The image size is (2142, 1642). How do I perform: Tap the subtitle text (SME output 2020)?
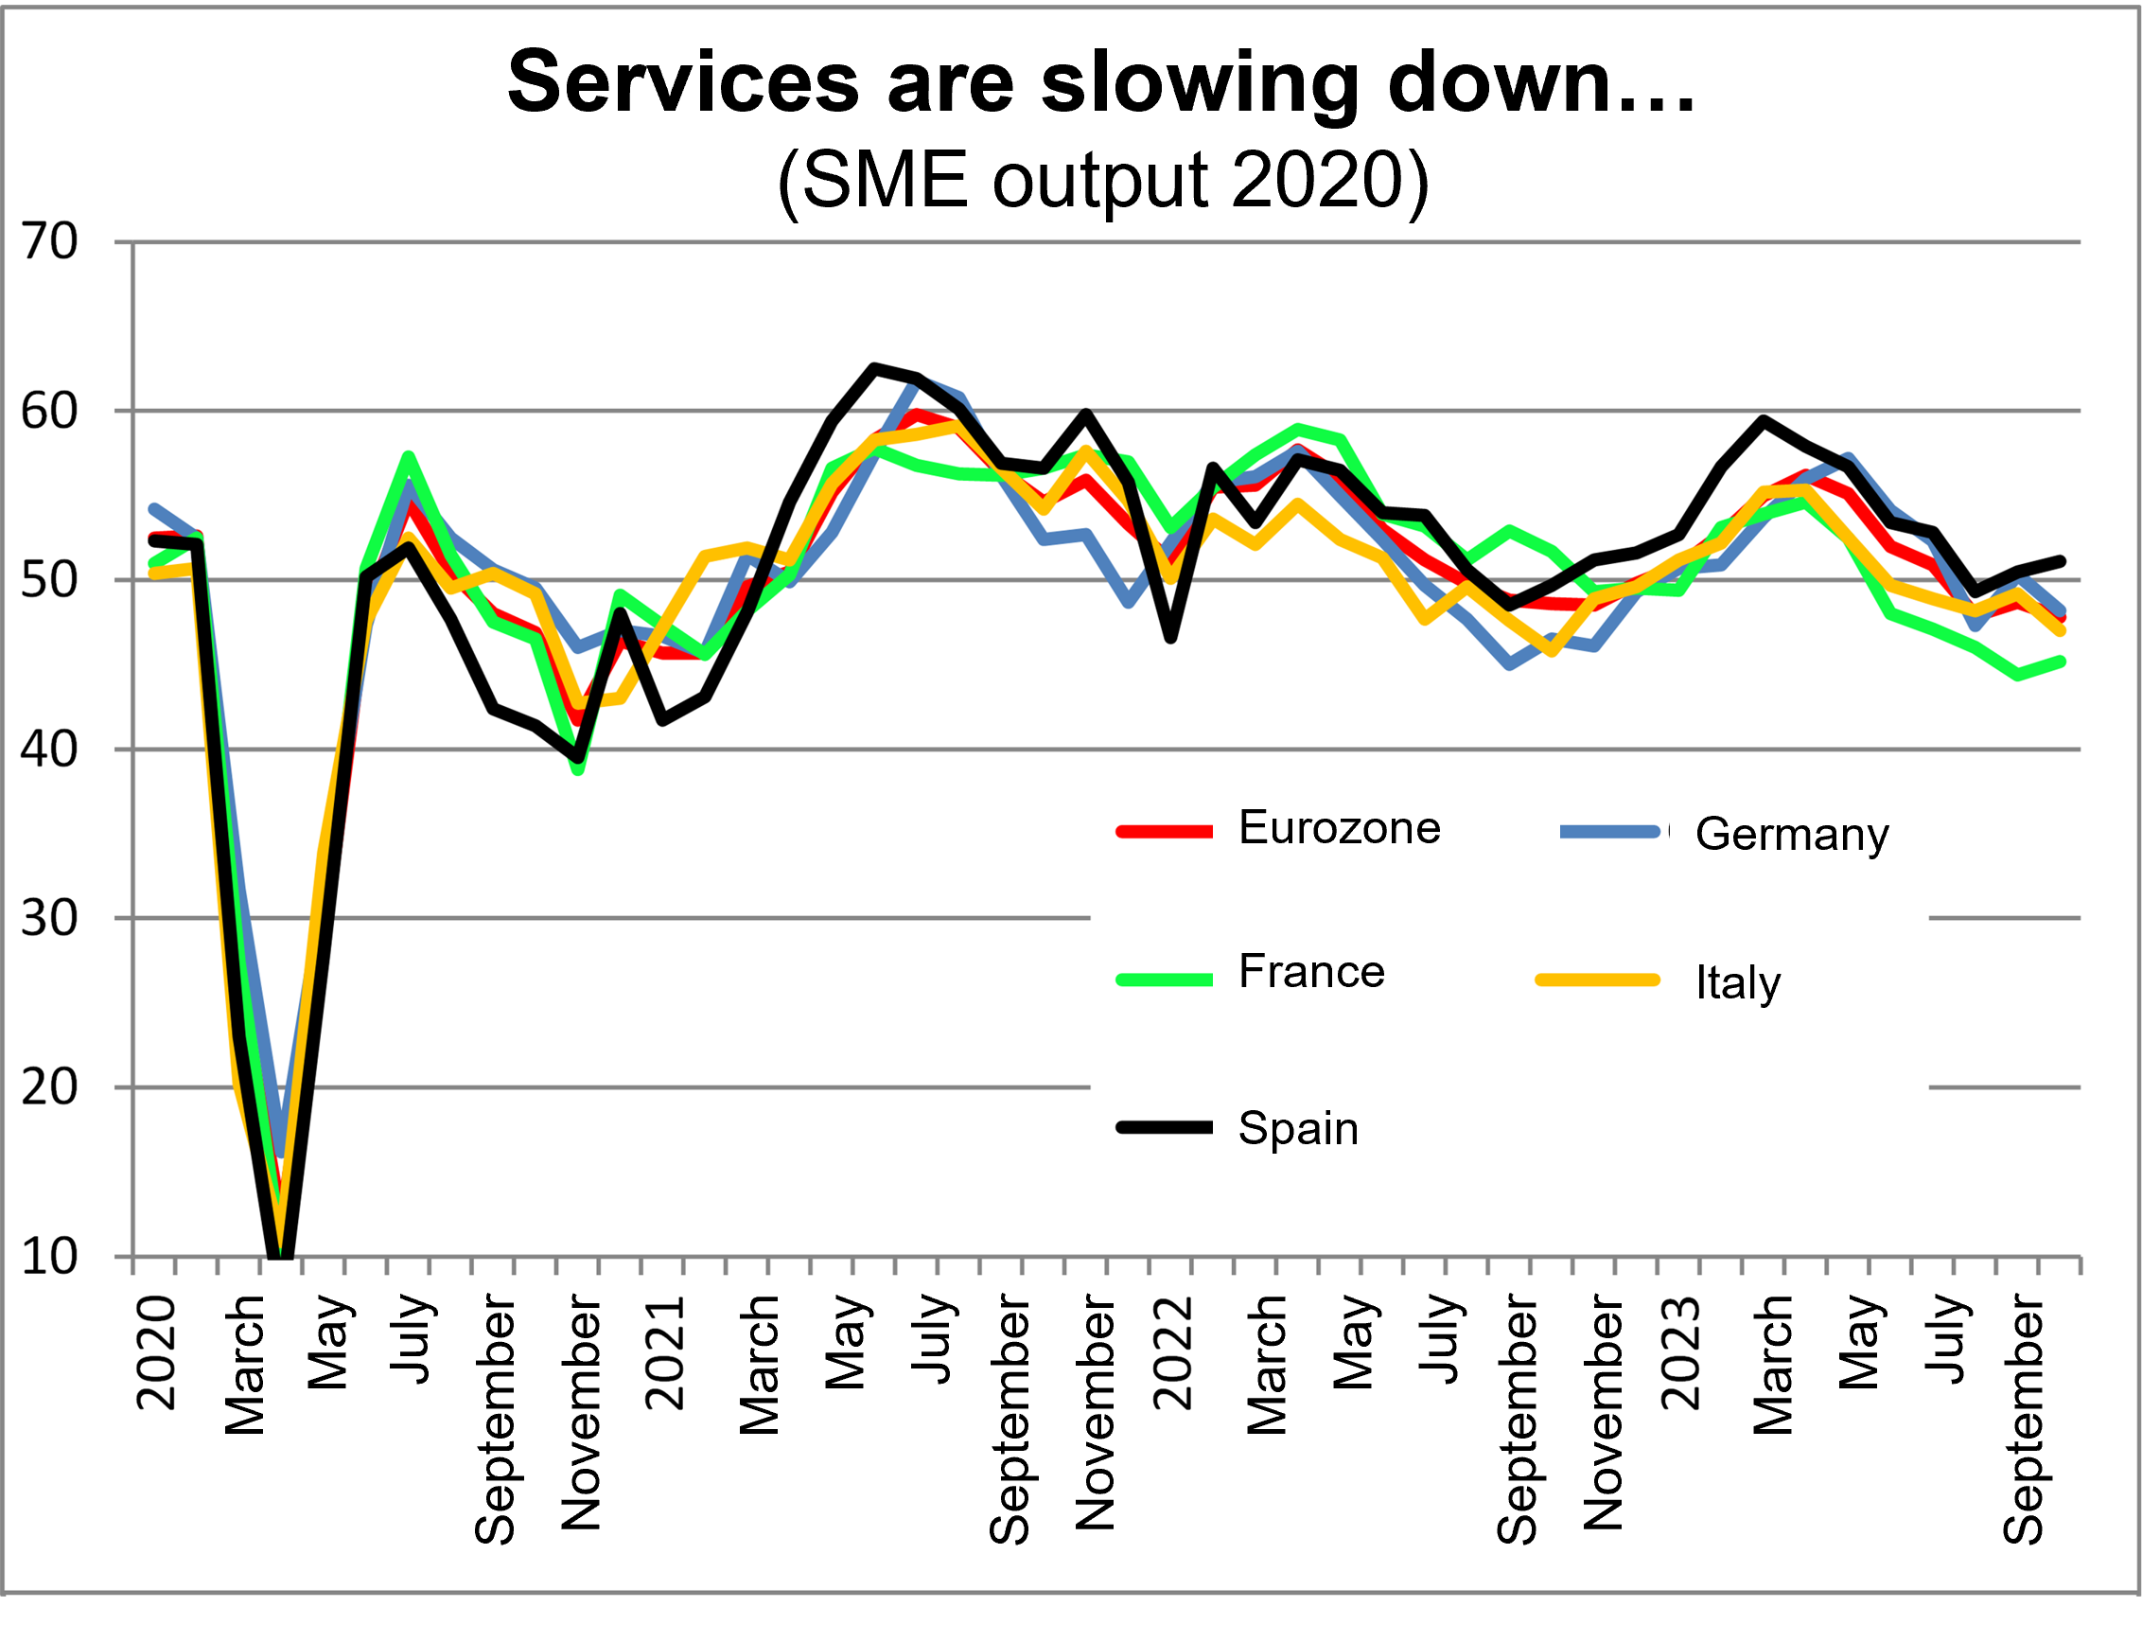coord(1102,181)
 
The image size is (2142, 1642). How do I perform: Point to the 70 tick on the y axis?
coord(49,241)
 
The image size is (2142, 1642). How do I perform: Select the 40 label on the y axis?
coord(49,750)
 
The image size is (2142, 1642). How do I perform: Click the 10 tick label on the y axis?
coord(49,1257)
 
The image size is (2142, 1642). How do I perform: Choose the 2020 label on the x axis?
coord(156,1353)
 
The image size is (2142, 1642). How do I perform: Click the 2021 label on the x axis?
coord(665,1353)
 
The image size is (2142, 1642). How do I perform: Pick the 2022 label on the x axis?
coord(1173,1353)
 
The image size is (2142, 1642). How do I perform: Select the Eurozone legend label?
coord(1339,828)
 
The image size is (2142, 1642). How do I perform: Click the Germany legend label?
coord(1791,834)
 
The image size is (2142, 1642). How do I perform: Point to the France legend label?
coord(1311,972)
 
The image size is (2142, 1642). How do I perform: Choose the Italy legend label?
coord(1737,981)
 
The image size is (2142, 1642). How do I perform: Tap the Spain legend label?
coord(1298,1128)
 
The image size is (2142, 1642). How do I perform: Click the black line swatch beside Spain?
coord(1165,1128)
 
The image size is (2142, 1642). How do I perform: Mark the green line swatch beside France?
coord(1165,980)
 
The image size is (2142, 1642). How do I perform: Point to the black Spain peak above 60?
coord(873,367)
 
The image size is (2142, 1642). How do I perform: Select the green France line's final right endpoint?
coord(2061,662)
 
